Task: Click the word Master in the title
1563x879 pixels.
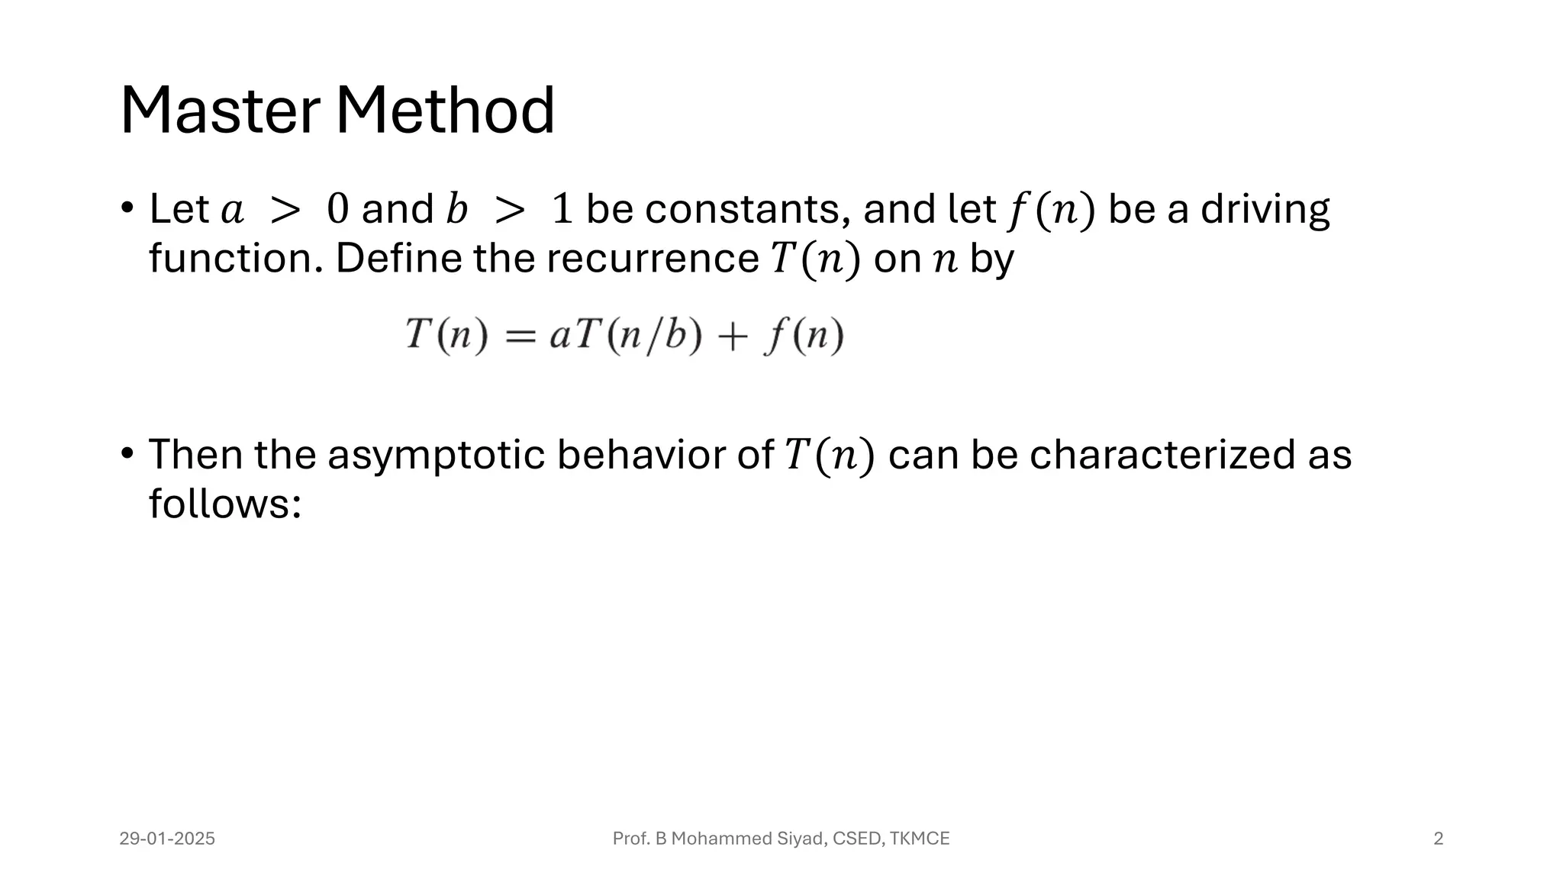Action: pyautogui.click(x=220, y=111)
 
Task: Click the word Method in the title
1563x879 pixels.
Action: pyautogui.click(x=445, y=111)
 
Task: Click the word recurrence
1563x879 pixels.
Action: pyautogui.click(x=653, y=259)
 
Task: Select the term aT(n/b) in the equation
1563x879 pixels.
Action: pyautogui.click(x=625, y=336)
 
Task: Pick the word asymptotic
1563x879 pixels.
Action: pyautogui.click(x=436, y=456)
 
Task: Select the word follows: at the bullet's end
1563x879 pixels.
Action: pyautogui.click(x=225, y=504)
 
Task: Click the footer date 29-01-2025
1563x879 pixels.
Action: pyautogui.click(x=167, y=839)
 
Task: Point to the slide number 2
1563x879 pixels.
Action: pyautogui.click(x=1438, y=839)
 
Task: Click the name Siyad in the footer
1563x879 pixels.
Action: pyautogui.click(x=801, y=839)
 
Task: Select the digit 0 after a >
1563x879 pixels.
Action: pyautogui.click(x=337, y=209)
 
